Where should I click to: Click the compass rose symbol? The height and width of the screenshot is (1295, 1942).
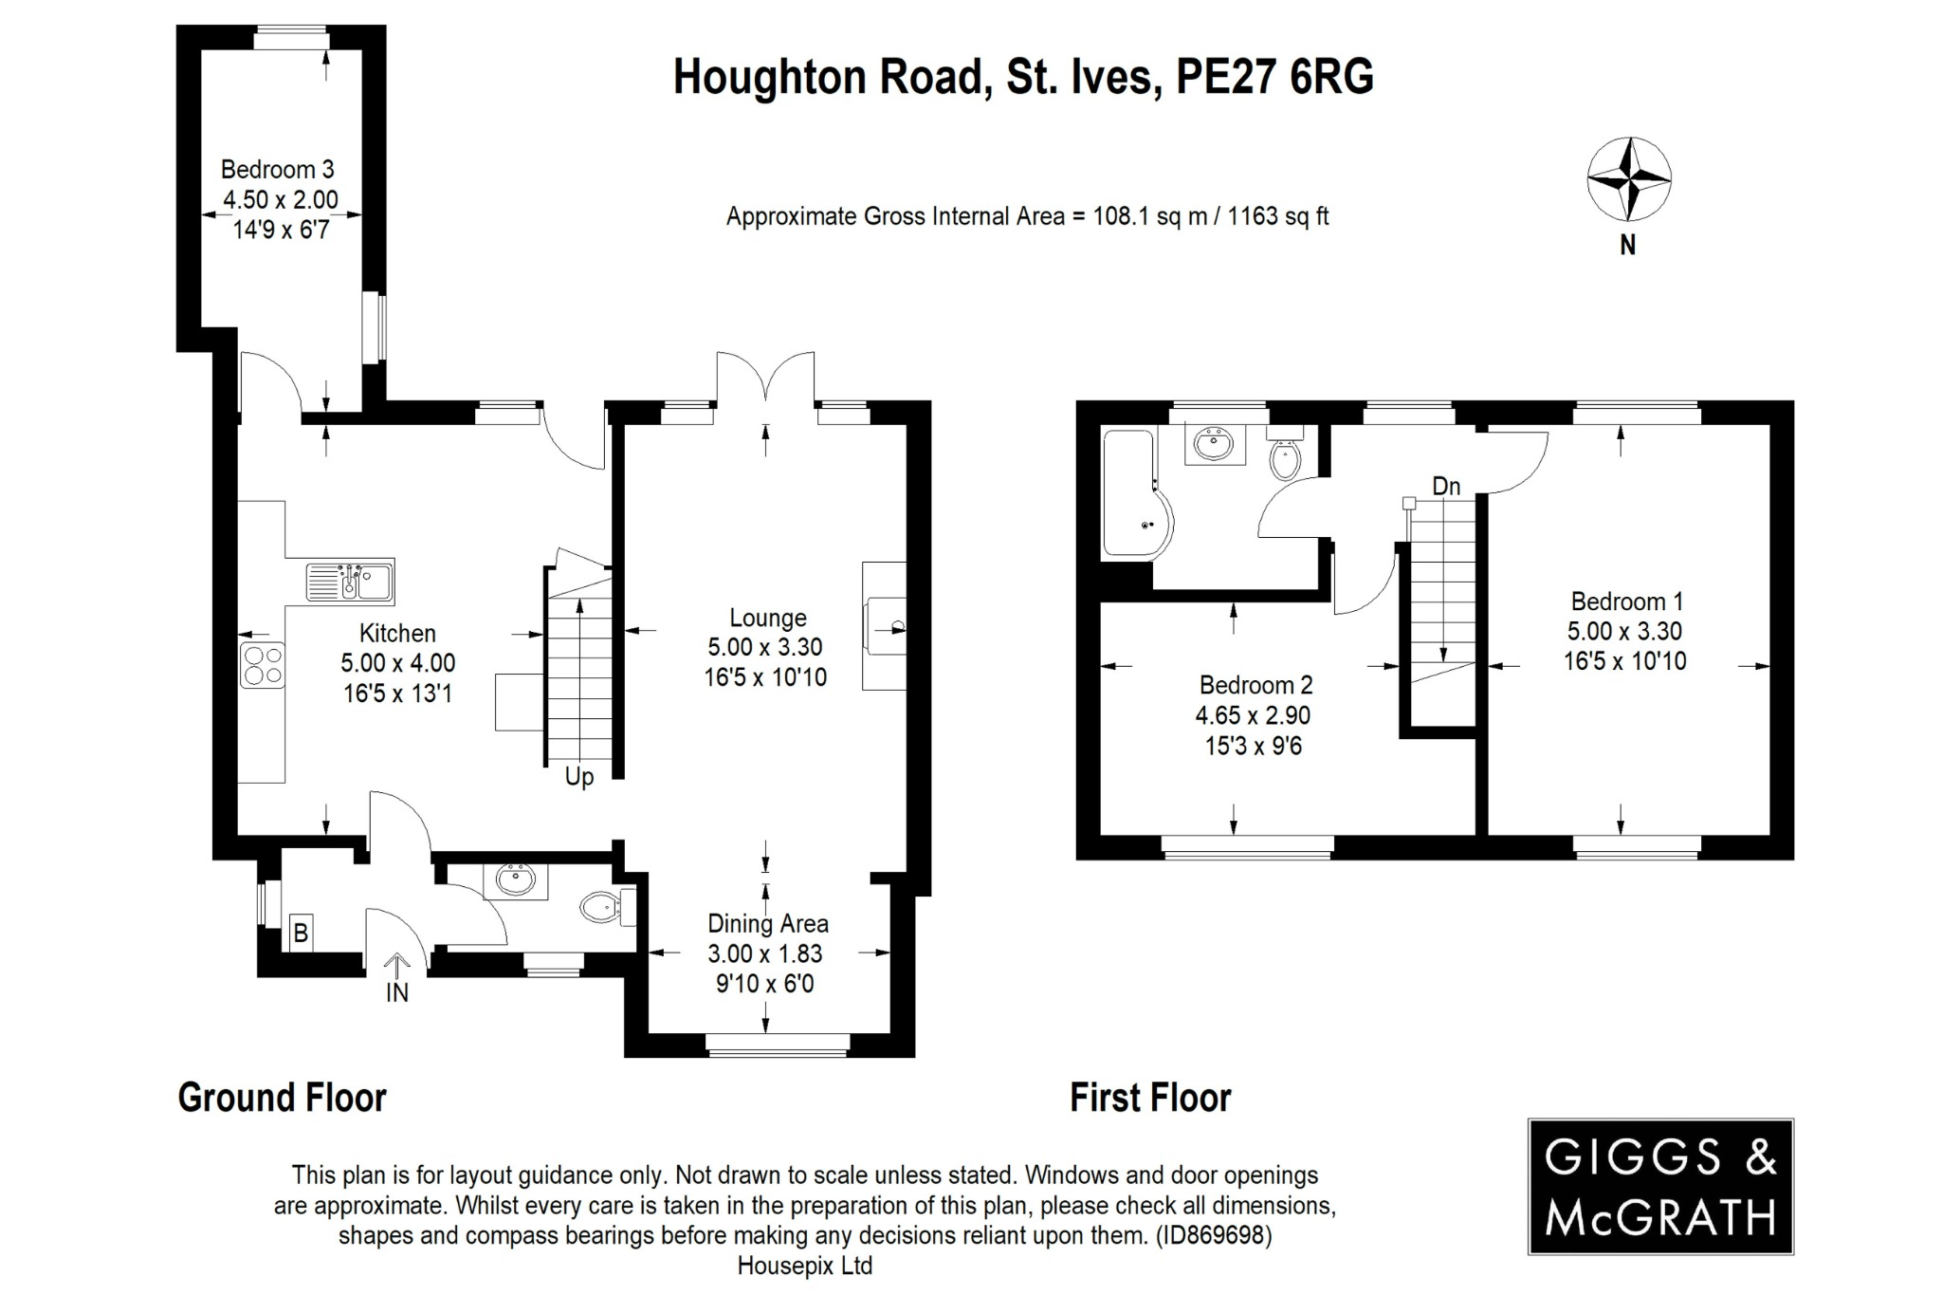click(x=1628, y=178)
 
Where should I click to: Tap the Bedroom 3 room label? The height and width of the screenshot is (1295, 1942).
click(x=277, y=170)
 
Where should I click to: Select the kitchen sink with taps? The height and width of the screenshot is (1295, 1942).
click(x=350, y=581)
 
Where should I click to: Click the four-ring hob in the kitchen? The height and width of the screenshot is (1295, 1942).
click(x=263, y=664)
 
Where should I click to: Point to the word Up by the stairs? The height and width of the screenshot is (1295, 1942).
click(x=578, y=777)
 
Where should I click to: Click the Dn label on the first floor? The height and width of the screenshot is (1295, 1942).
click(x=1445, y=487)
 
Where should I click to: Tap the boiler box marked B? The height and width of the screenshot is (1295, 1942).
click(x=300, y=933)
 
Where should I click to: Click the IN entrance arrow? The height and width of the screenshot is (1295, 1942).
click(x=396, y=968)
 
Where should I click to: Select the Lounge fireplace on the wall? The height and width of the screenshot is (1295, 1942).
click(x=884, y=626)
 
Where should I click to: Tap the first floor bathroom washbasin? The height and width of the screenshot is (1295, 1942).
click(x=1214, y=444)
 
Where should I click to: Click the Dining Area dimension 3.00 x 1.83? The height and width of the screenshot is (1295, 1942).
click(x=765, y=953)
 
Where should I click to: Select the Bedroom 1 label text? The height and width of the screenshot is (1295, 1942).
click(x=1626, y=601)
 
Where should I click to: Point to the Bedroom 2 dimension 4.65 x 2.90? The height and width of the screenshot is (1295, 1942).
click(x=1253, y=715)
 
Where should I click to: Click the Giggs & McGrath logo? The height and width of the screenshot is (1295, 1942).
click(x=1659, y=1186)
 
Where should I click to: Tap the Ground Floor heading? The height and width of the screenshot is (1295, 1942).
click(x=282, y=1098)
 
